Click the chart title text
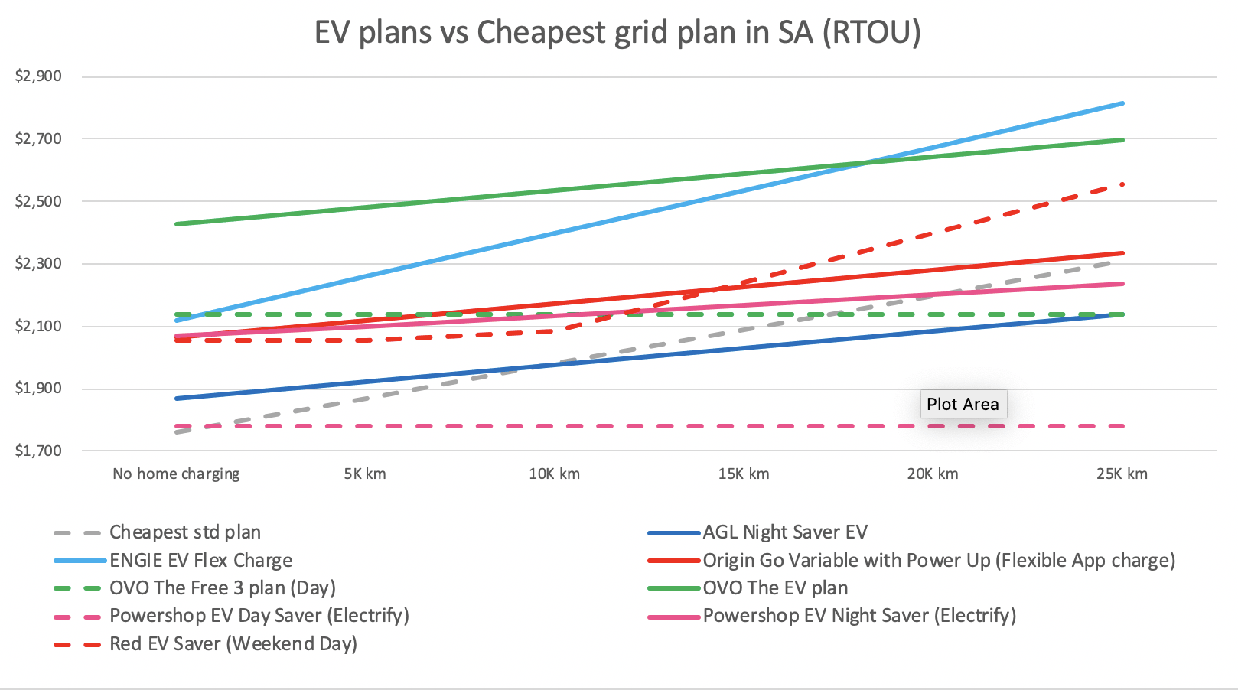[617, 33]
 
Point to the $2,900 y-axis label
[38, 76]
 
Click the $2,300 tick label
[38, 264]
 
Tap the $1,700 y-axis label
[38, 451]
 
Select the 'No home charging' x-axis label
[176, 474]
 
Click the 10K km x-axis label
[554, 474]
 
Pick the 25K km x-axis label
[1122, 474]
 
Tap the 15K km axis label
[744, 474]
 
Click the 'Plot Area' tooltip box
[963, 405]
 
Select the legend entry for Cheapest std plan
[184, 532]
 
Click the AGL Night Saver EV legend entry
[785, 532]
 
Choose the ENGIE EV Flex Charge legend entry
[200, 561]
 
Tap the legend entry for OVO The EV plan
[775, 588]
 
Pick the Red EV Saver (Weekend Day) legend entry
[233, 644]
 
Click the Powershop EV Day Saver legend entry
[259, 616]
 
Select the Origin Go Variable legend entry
[938, 561]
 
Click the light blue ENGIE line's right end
[1122, 103]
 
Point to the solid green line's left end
[177, 224]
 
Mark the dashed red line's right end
[1122, 184]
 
